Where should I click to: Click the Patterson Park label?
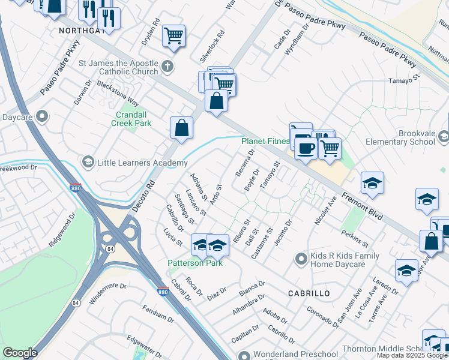coord(195,263)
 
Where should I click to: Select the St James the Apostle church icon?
coord(167,66)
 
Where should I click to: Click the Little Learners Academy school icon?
coord(88,163)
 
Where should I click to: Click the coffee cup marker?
coord(306,148)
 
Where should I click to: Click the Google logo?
coord(20,352)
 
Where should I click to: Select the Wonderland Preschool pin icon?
coord(244,355)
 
